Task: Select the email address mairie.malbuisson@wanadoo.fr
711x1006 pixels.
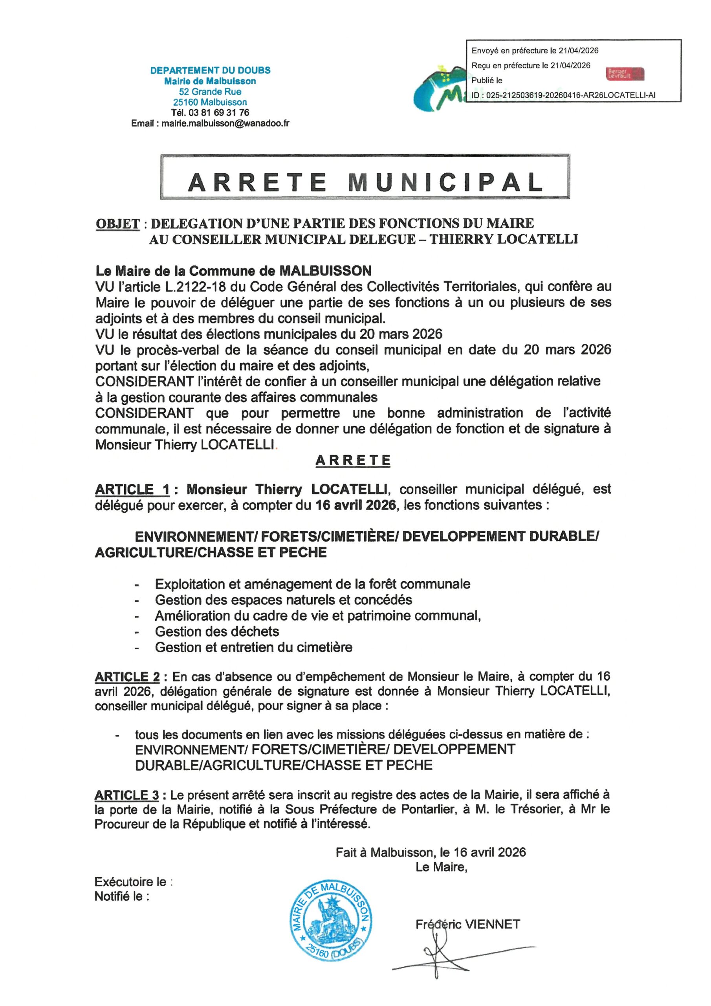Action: point(225,123)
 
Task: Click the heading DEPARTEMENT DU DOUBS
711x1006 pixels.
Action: point(210,70)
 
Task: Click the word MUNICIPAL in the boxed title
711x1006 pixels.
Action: point(445,182)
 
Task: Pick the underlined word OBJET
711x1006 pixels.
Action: point(117,224)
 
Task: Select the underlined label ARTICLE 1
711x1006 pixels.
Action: point(132,489)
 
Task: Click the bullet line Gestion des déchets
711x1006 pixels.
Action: point(217,632)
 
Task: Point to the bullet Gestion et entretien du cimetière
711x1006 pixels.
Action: point(253,647)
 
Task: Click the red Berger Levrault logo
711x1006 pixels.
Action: point(625,73)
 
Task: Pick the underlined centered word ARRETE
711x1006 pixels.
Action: point(353,461)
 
